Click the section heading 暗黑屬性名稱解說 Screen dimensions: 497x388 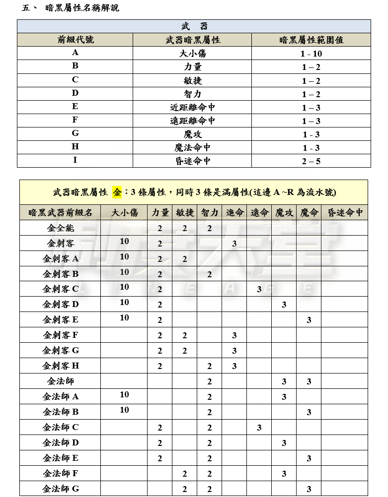(81, 8)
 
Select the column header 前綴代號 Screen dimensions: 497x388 (75, 40)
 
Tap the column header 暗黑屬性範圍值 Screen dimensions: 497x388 (311, 40)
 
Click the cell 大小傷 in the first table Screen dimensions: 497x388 (192, 54)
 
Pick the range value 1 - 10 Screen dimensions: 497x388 (311, 54)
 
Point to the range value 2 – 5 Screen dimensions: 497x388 (311, 161)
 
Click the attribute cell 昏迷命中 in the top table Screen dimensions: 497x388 (192, 161)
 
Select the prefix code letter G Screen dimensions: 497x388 (75, 134)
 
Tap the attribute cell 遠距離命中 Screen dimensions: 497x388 (192, 121)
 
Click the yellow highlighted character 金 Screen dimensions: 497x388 (117, 192)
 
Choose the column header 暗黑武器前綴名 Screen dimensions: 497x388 (60, 212)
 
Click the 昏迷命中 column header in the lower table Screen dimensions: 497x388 (345, 212)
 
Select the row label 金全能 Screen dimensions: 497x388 (60, 228)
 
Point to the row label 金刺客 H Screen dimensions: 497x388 (60, 366)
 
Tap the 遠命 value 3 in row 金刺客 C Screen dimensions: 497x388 (259, 290)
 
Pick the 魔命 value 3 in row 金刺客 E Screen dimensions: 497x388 (309, 320)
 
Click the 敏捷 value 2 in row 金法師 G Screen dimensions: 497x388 (184, 489)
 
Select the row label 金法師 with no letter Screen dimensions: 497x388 (60, 381)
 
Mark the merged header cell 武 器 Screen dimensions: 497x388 (194, 26)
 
